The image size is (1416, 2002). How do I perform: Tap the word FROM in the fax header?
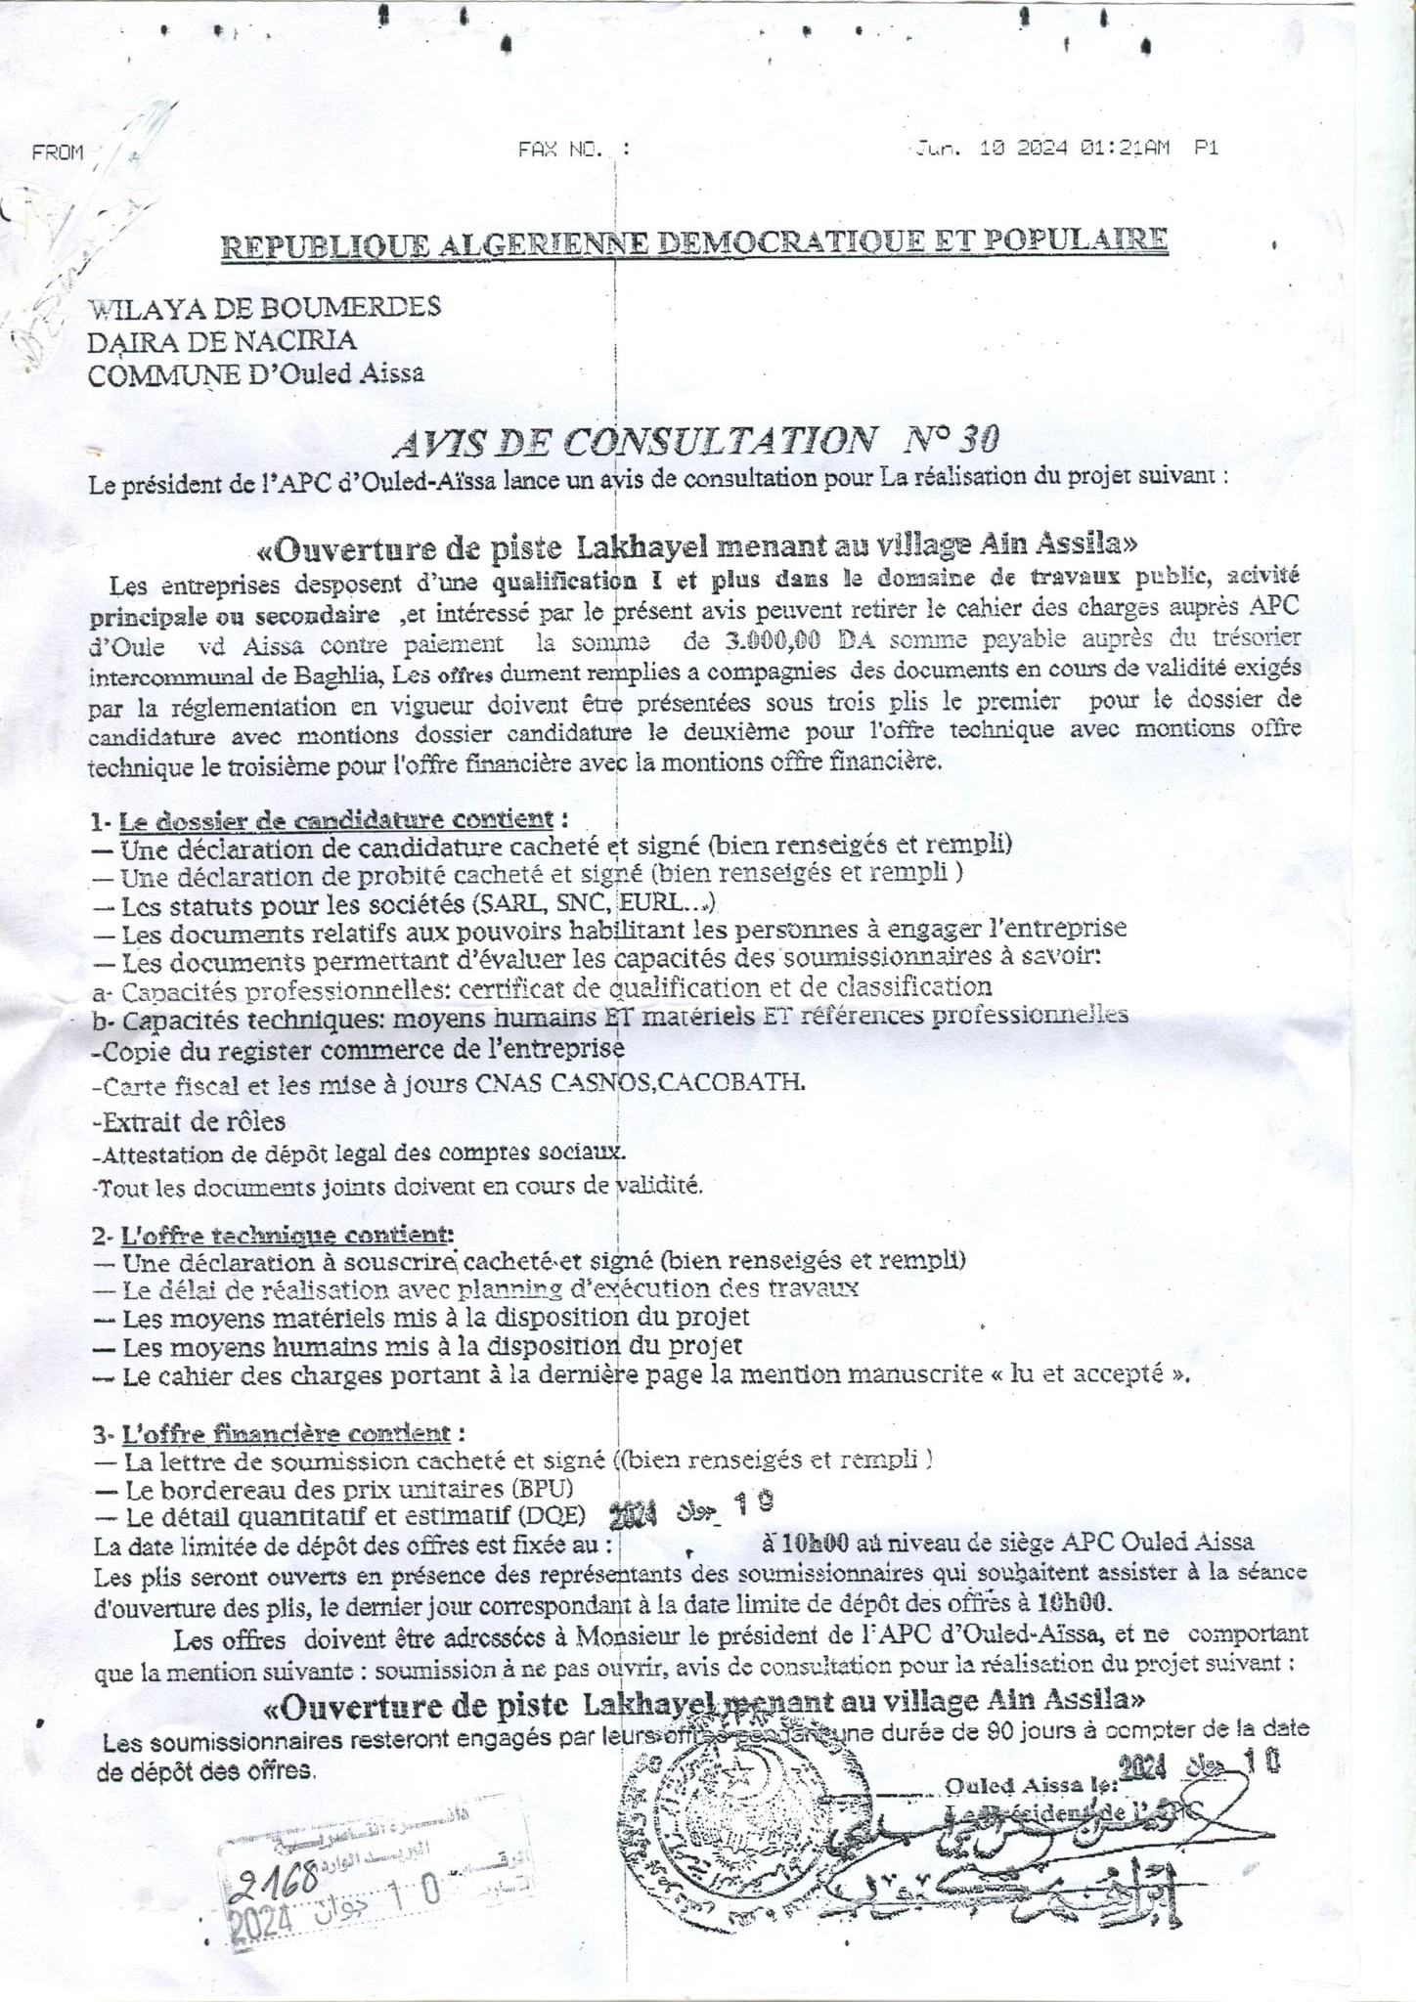coord(58,152)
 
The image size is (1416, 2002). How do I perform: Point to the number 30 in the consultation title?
coord(978,441)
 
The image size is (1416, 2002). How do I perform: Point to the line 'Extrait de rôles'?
coord(188,1120)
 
